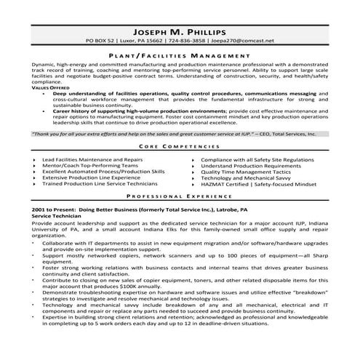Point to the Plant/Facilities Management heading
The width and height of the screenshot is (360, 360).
coord(180,55)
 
